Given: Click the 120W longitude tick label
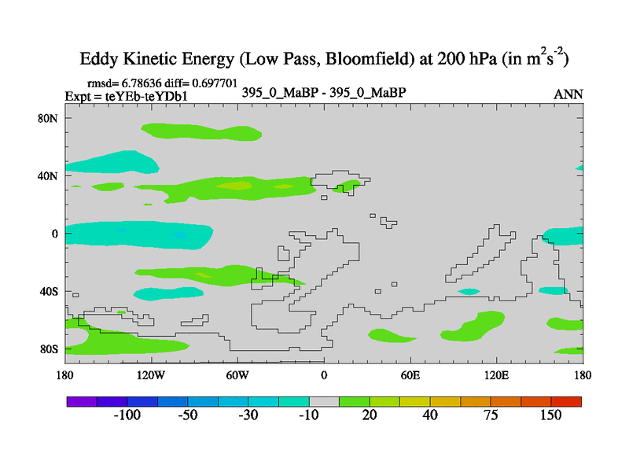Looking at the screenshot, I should click(150, 374).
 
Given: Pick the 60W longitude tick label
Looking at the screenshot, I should click(237, 374).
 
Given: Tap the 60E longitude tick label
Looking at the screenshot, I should click(410, 374).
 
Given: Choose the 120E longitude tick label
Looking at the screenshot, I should click(497, 374).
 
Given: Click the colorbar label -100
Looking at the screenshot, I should click(127, 415).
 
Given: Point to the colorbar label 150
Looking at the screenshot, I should click(550, 415).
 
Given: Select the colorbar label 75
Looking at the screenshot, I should click(491, 415).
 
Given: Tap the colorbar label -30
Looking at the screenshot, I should click(248, 415).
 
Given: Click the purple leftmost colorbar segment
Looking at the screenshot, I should click(81, 401).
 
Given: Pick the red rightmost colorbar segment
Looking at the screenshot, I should click(567, 401).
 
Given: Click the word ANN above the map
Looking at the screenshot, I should click(568, 94).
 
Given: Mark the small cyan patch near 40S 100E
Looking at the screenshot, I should click(469, 292).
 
